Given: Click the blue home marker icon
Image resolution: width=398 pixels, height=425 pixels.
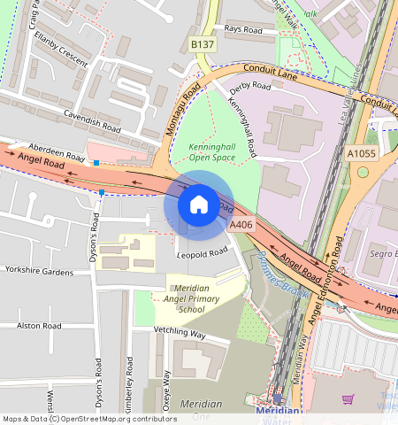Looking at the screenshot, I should point(198,205).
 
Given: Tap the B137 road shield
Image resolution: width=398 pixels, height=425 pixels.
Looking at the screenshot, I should point(203,44).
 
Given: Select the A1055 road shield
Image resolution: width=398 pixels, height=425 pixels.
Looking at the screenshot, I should point(361,153).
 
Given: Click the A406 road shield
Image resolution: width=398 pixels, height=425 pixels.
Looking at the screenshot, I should point(241,226).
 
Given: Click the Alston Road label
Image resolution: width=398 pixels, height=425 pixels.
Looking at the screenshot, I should point(39,326).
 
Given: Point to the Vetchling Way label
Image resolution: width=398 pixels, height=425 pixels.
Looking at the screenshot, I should point(180,334).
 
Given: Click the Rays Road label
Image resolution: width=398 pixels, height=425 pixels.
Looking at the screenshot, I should point(244,29).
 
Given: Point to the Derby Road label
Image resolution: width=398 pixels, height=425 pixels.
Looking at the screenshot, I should point(249,87).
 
